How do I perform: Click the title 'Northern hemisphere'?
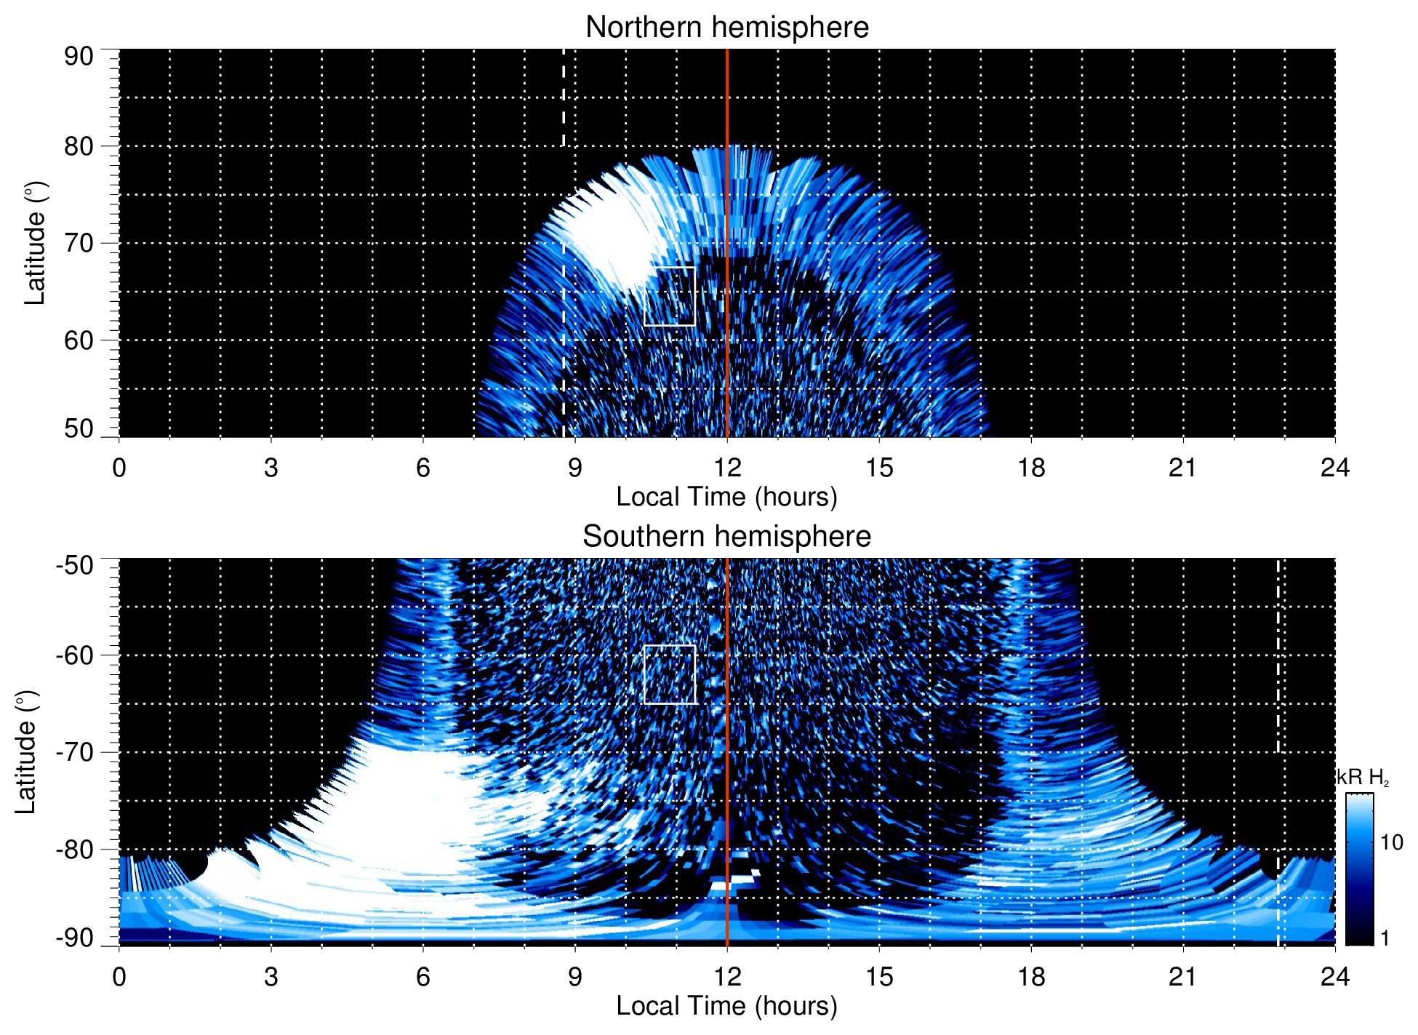[726, 28]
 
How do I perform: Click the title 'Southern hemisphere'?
[726, 537]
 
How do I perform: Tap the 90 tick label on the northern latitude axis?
[79, 57]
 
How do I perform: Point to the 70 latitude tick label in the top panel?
[79, 243]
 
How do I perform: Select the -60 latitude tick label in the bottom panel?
[75, 655]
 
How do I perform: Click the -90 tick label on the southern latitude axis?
[75, 938]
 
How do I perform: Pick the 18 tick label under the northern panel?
[1031, 468]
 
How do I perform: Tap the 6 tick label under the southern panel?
[422, 977]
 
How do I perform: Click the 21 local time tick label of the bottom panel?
[1183, 977]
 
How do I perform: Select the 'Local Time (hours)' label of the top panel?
[726, 497]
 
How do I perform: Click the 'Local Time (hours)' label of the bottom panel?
[726, 1007]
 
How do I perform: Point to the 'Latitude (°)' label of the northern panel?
[35, 243]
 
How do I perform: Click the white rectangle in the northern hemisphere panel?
[670, 268]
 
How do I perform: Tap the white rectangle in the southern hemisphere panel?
[670, 646]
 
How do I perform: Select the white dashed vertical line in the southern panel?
[1278, 655]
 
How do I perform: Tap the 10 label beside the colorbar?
[1391, 843]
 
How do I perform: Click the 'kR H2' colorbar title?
[1363, 778]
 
